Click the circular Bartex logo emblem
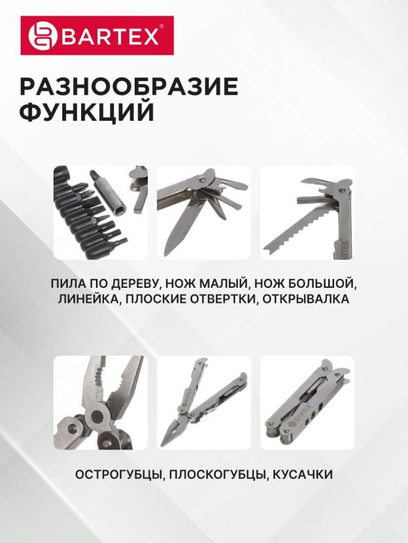42,35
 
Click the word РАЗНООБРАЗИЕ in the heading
129,86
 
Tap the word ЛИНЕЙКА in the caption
88,298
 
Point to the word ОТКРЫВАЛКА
305,298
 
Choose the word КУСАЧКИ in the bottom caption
303,474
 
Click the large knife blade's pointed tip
167,255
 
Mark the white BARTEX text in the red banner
110,36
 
